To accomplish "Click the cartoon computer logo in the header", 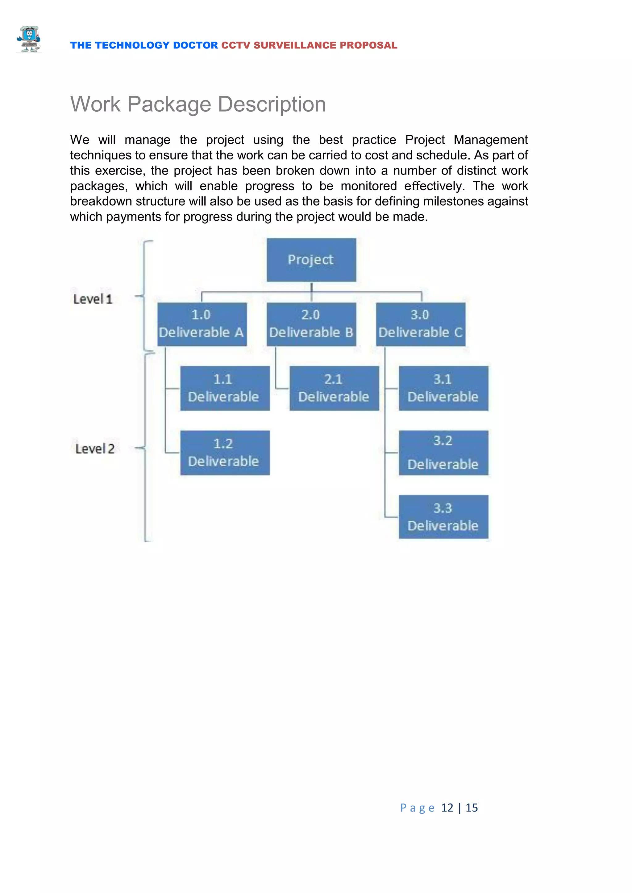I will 29,39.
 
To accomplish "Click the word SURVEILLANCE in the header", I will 295,46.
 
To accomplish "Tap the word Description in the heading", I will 272,104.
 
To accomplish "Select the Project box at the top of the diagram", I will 311,260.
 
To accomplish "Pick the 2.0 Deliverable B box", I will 311,324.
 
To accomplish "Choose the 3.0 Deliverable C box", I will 420,324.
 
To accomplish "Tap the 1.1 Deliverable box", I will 225,388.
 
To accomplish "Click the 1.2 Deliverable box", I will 225,453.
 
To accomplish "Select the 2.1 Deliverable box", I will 334,388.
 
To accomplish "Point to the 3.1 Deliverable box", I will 443,388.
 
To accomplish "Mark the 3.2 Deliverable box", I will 443,453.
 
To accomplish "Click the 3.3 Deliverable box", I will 443,517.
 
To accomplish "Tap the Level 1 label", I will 93,299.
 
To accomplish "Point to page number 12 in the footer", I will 447,808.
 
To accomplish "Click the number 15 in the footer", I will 472,808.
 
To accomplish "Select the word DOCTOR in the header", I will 195,46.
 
